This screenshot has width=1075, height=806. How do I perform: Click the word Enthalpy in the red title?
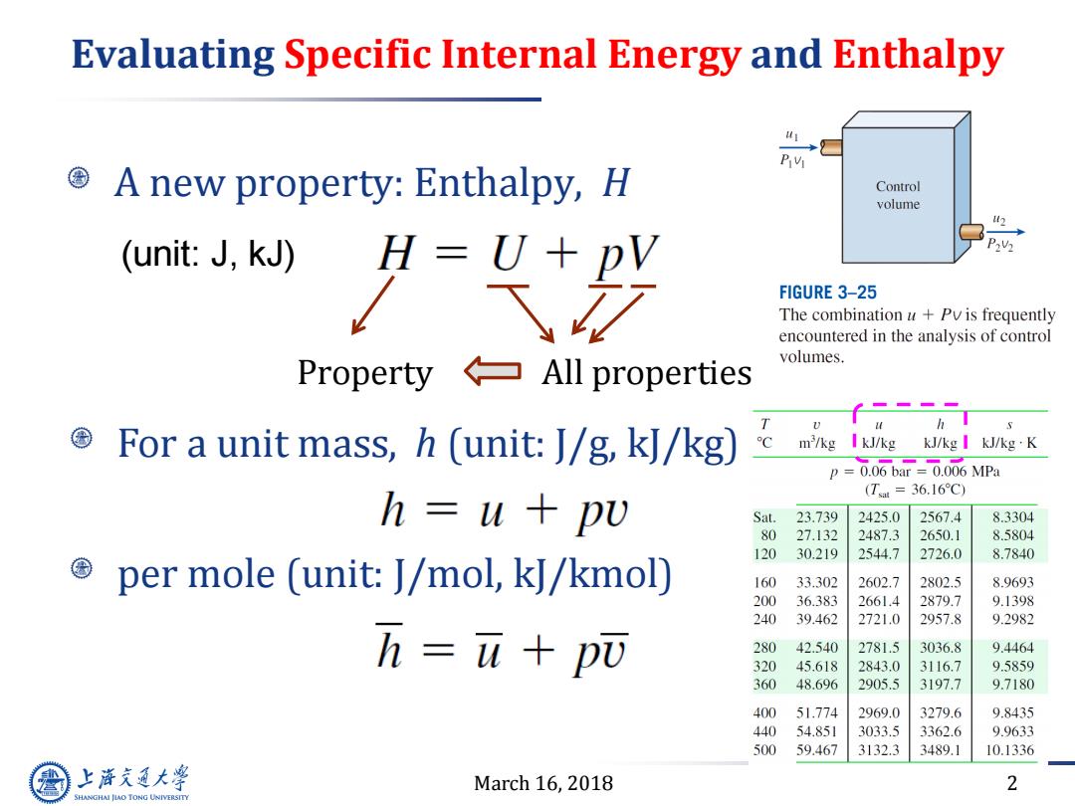click(918, 56)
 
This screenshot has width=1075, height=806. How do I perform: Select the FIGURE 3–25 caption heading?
click(827, 293)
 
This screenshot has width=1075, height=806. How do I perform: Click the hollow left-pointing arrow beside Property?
click(493, 371)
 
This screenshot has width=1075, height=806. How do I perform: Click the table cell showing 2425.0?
click(878, 516)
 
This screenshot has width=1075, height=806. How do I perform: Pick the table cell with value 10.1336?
click(1009, 750)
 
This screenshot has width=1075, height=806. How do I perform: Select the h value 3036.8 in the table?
click(940, 647)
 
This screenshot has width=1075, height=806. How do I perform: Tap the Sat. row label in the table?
click(764, 516)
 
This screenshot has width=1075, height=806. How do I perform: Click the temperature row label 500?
click(764, 750)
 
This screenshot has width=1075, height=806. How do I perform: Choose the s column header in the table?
click(1009, 425)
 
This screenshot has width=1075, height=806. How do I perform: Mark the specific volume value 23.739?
click(816, 516)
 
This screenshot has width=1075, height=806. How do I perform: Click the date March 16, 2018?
click(543, 783)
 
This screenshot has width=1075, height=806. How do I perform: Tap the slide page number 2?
click(1012, 783)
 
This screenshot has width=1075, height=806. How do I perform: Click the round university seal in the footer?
click(50, 782)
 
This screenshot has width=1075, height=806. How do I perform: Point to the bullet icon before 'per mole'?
click(82, 568)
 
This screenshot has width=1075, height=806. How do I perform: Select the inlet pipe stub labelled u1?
click(831, 146)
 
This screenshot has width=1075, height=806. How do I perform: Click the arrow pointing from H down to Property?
click(372, 305)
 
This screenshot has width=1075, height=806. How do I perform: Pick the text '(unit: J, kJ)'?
click(208, 255)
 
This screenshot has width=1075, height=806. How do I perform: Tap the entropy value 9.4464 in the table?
click(1012, 647)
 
